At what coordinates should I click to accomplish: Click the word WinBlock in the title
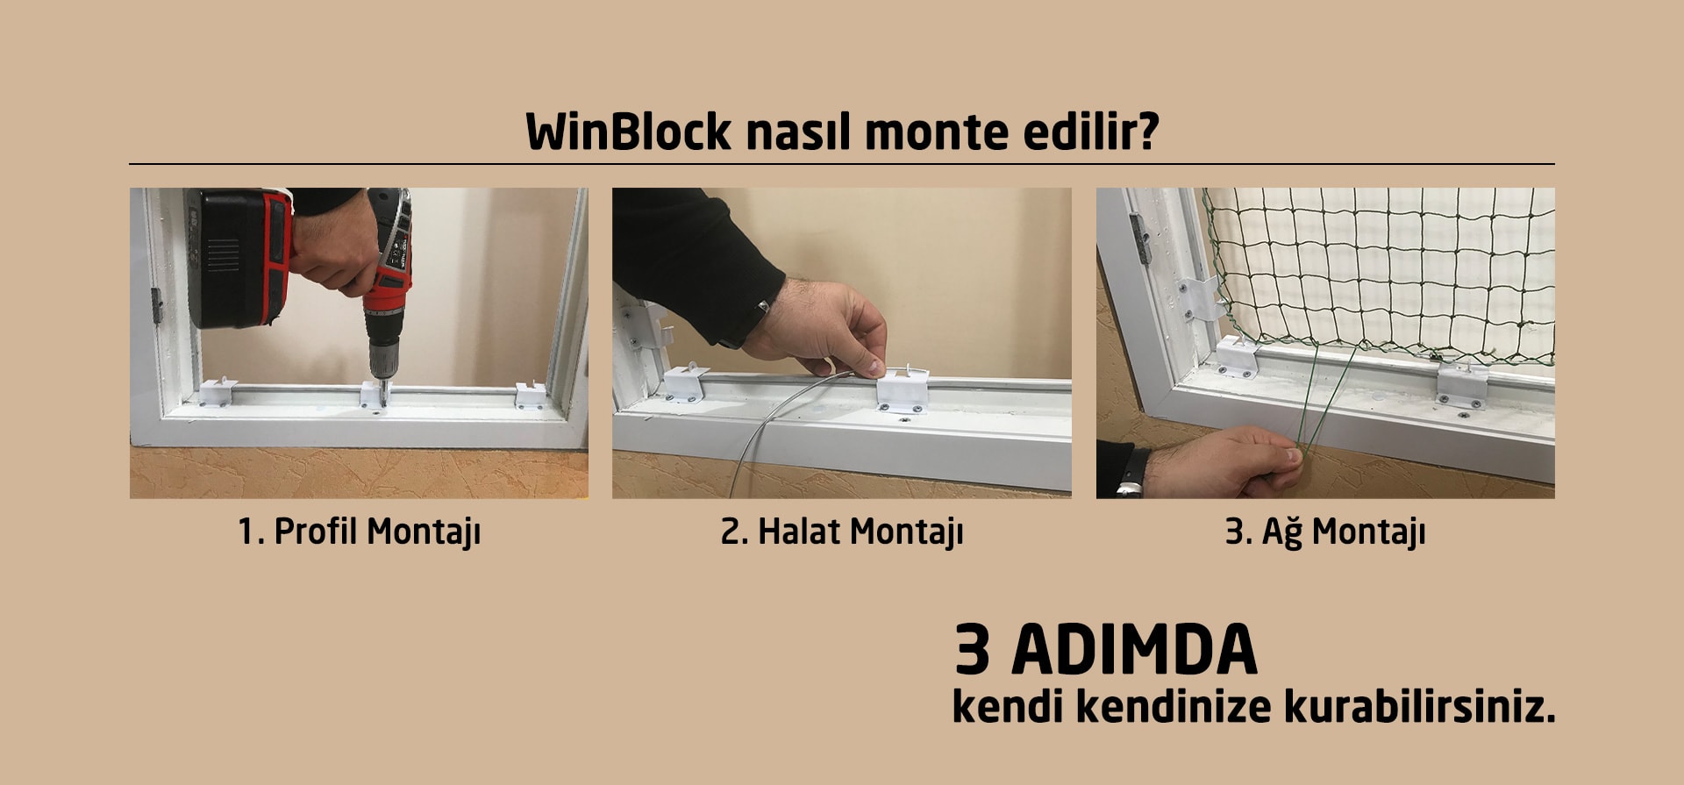point(628,132)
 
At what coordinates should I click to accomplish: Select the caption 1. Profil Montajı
point(360,532)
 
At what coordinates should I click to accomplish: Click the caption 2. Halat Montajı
point(842,532)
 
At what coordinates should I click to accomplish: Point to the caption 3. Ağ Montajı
point(1325,532)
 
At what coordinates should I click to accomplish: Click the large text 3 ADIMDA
point(1106,650)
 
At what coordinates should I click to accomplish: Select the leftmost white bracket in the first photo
point(217,391)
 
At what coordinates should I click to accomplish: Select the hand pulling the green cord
point(1227,460)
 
